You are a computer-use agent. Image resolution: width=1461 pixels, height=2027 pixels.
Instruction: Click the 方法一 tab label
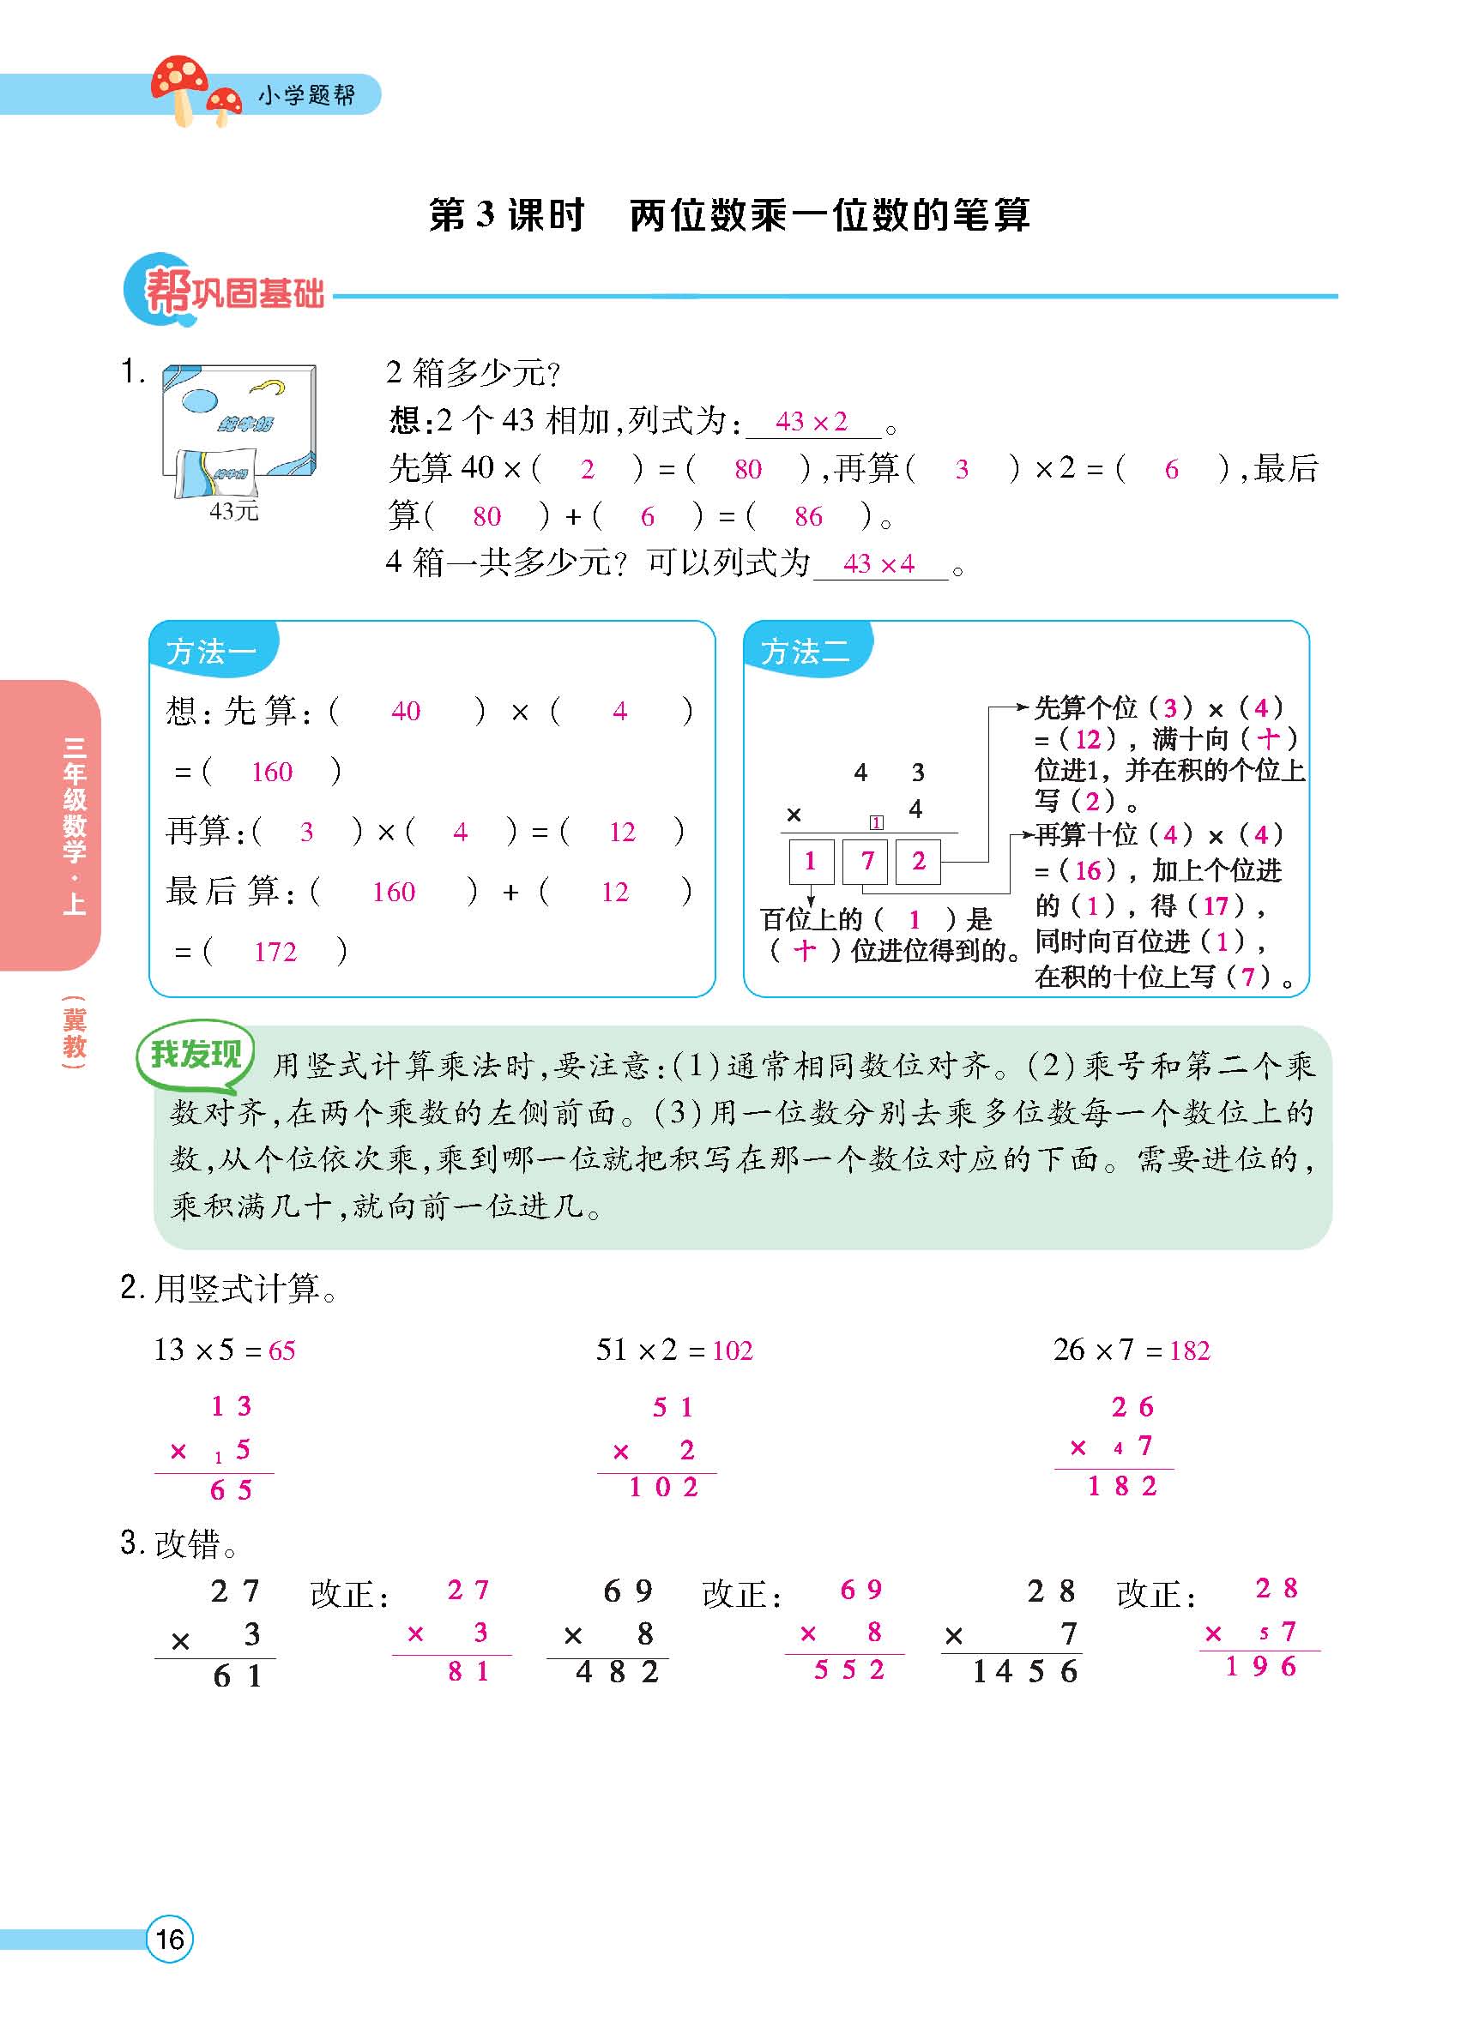(x=211, y=651)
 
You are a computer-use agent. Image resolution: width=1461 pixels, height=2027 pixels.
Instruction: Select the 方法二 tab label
(x=805, y=651)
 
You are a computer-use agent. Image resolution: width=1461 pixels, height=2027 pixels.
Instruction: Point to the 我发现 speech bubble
(x=195, y=1056)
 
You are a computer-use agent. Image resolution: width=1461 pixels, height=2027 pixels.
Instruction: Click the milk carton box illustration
(x=238, y=429)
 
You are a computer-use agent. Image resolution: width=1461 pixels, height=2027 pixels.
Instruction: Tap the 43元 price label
(x=233, y=511)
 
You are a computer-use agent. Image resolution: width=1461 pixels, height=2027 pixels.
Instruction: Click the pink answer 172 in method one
(x=275, y=952)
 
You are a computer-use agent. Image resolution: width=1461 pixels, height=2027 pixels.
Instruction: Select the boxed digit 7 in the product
(x=866, y=861)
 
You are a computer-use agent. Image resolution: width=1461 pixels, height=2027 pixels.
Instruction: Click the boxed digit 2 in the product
(x=918, y=861)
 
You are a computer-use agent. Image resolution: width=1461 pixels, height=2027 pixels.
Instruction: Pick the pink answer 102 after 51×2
(x=733, y=1350)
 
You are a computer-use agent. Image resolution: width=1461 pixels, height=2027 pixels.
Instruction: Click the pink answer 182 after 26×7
(x=1189, y=1350)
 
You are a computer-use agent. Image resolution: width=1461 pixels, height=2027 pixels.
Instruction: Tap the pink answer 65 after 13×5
(x=281, y=1350)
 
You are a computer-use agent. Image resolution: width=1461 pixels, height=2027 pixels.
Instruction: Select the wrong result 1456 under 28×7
(x=1024, y=1671)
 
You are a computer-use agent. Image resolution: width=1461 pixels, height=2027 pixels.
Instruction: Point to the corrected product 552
(x=848, y=1669)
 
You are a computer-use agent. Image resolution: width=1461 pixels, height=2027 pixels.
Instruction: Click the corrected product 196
(x=1261, y=1667)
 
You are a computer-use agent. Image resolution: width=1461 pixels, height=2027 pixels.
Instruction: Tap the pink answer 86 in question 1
(x=808, y=515)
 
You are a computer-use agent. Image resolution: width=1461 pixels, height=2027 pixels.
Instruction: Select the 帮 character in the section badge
(x=167, y=292)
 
